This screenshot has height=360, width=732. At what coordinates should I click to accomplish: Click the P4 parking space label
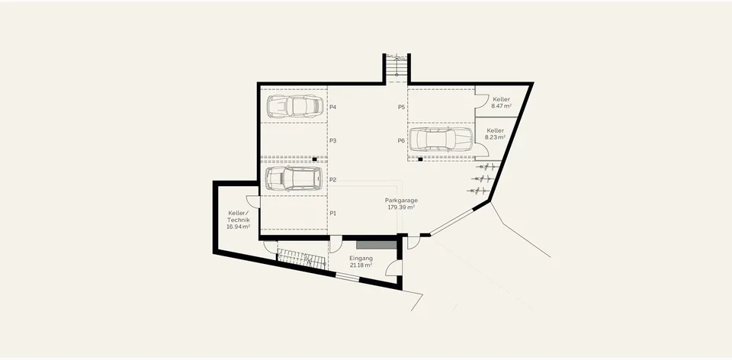[x=333, y=107]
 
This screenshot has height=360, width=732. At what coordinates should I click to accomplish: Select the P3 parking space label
[x=333, y=140]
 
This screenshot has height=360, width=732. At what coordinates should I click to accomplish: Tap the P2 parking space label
[x=333, y=180]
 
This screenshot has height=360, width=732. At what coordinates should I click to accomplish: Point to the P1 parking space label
[x=333, y=213]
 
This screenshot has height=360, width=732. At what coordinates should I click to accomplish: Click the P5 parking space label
[x=402, y=107]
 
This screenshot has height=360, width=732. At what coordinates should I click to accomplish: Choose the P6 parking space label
[x=402, y=140]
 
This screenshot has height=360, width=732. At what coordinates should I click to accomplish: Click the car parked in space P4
[x=295, y=107]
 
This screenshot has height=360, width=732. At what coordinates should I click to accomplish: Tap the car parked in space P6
[x=441, y=139]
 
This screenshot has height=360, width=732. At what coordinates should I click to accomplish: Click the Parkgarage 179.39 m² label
[x=402, y=204]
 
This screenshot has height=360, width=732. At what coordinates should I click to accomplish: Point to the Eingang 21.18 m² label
[x=361, y=262]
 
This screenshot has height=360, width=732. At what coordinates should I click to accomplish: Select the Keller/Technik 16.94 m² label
[x=239, y=220]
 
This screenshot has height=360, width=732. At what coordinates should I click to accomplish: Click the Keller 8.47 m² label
[x=501, y=103]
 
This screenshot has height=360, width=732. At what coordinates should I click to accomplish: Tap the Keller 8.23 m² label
[x=496, y=134]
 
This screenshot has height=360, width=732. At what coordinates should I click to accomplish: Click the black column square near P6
[x=420, y=159]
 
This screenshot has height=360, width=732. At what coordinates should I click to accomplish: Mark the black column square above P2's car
[x=315, y=159]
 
